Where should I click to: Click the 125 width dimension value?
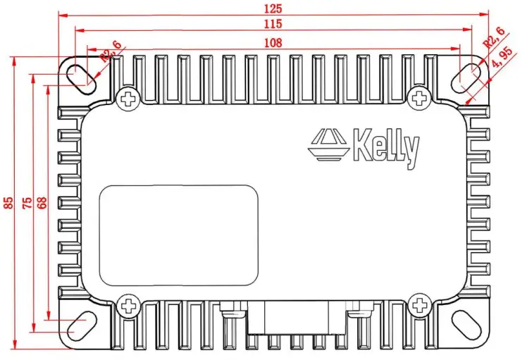(x=273, y=8)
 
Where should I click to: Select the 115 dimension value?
(x=273, y=25)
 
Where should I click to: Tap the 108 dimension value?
(x=273, y=43)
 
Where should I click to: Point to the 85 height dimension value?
(x=9, y=203)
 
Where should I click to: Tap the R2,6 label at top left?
(x=111, y=51)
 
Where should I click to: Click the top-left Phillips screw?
(x=128, y=99)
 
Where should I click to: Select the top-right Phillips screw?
(x=421, y=99)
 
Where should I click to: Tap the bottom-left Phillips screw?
(x=128, y=306)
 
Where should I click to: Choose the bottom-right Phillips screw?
(x=421, y=306)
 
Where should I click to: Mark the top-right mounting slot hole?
(x=468, y=75)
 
